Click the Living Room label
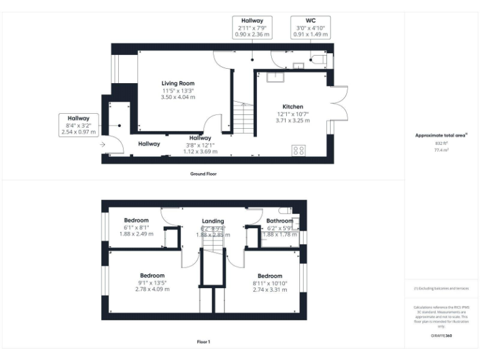pyautogui.click(x=177, y=83)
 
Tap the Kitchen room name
pyautogui.click(x=292, y=106)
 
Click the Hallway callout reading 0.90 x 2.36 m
pyautogui.click(x=252, y=28)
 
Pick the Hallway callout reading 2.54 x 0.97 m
pyautogui.click(x=79, y=125)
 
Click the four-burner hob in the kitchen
pyautogui.click(x=299, y=150)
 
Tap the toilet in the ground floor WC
pyautogui.click(x=317, y=61)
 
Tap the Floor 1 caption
pyautogui.click(x=204, y=342)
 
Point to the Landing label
pyautogui.click(x=212, y=221)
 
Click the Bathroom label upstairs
pyautogui.click(x=279, y=221)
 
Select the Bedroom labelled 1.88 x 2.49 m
pyautogui.click(x=136, y=221)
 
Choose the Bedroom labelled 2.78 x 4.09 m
pyautogui.click(x=152, y=276)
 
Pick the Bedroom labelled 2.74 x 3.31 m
pyautogui.click(x=269, y=276)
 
